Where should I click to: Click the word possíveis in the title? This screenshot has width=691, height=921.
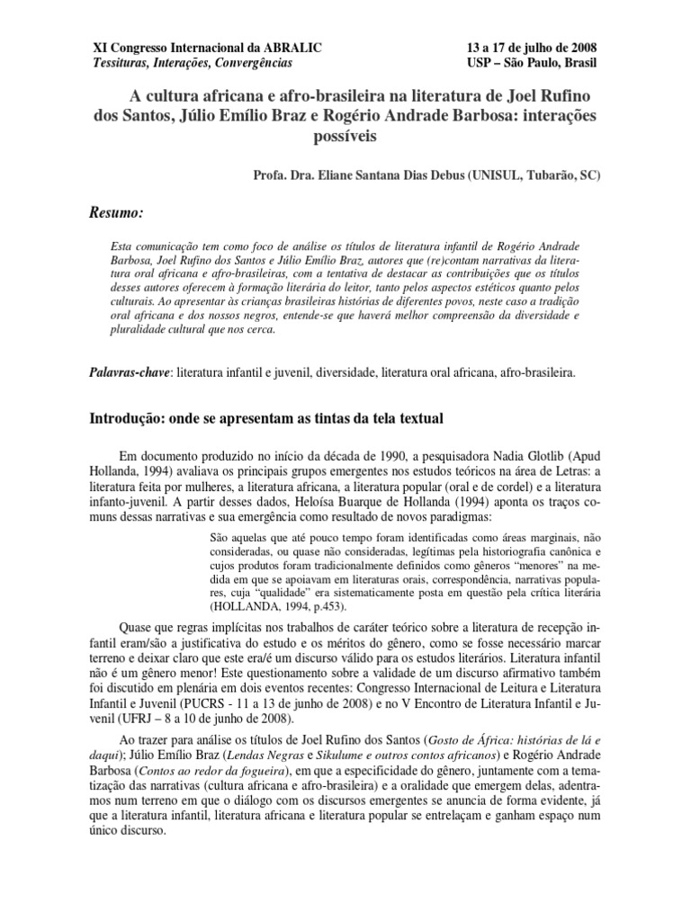[x=345, y=137]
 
